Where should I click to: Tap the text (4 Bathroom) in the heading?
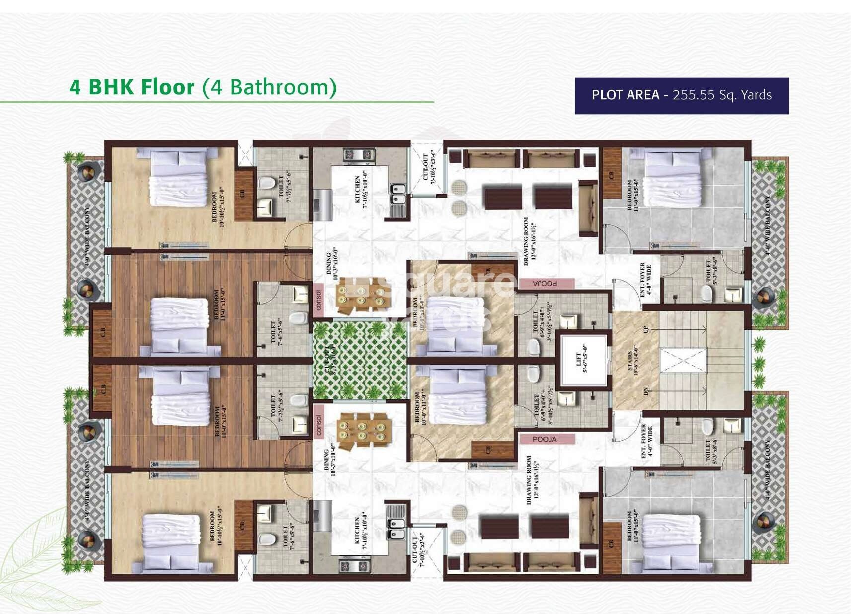coord(269,87)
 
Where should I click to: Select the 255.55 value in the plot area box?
coord(693,95)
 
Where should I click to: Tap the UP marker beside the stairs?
coord(646,329)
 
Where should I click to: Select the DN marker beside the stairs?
coord(646,391)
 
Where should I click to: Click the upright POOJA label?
coord(545,439)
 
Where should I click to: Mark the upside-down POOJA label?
coord(545,283)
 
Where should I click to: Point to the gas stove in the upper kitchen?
coord(358,154)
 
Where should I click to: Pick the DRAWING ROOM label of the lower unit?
coord(532,480)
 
